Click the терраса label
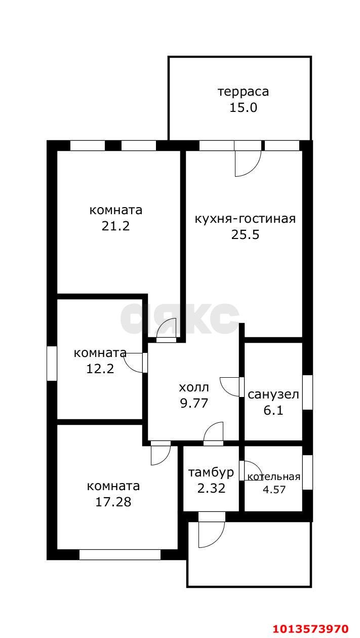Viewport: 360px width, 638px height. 243,92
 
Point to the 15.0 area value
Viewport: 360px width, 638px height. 243,107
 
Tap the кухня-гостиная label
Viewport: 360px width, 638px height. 245,219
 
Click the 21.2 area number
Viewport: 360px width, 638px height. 116,226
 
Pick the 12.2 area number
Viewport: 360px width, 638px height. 100,369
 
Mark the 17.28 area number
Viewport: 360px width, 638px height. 113,502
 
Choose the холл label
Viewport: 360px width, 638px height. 193,388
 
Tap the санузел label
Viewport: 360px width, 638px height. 273,394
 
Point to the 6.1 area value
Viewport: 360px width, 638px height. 273,410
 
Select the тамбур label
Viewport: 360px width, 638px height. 211,473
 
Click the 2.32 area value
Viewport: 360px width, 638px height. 211,489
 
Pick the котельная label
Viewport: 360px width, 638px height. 273,476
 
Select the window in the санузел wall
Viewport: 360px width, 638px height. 307,392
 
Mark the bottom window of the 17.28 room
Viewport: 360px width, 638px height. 119,554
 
